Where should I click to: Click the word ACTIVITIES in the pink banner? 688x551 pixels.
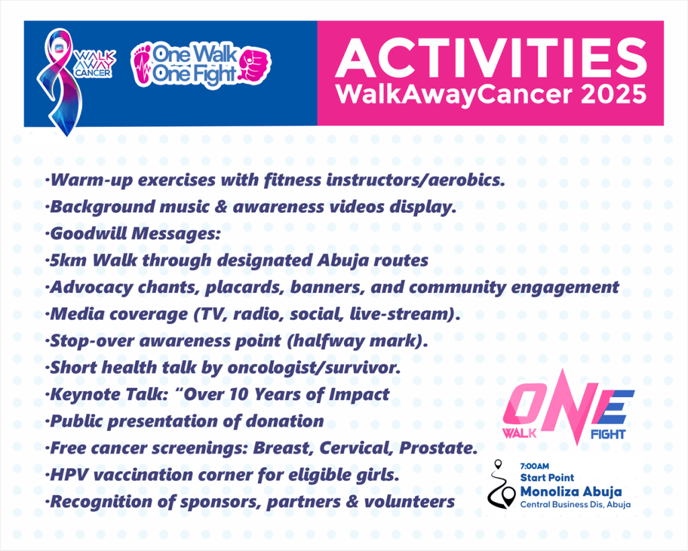491,58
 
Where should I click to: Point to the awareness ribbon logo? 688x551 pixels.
59,81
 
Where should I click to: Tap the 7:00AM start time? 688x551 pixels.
534,466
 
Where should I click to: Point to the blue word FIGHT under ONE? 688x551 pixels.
608,435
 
